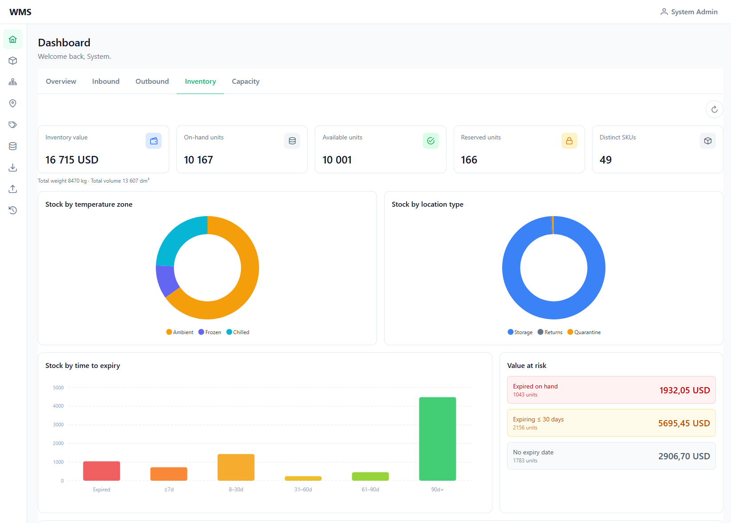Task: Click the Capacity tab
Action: click(x=245, y=81)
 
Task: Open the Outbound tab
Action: click(x=152, y=81)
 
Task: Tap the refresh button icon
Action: click(x=714, y=109)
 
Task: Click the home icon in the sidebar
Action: click(x=13, y=40)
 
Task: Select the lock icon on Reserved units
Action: click(x=569, y=141)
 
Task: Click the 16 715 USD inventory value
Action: click(x=72, y=159)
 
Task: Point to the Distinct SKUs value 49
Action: click(x=605, y=159)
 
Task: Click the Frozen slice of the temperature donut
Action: click(x=166, y=279)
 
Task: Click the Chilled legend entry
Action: click(x=238, y=332)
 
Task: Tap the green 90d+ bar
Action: click(x=437, y=439)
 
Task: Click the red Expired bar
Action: click(x=102, y=471)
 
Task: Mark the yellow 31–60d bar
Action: click(x=303, y=478)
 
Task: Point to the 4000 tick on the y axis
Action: click(x=58, y=406)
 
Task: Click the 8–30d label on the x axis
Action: click(x=236, y=490)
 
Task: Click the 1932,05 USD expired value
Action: click(x=684, y=390)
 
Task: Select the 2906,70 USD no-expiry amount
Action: click(x=684, y=456)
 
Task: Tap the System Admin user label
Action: click(x=694, y=12)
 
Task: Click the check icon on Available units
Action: click(x=430, y=141)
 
